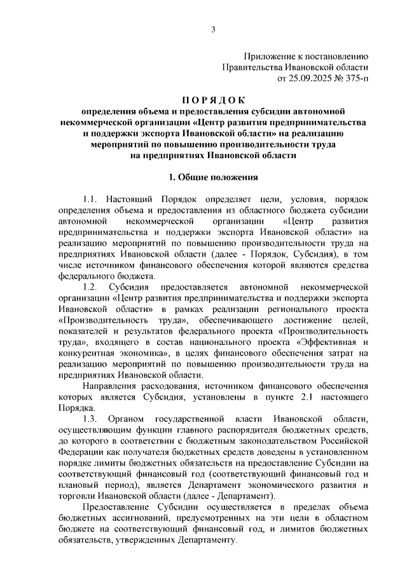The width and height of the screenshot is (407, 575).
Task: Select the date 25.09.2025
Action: point(310,79)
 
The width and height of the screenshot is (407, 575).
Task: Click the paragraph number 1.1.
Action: point(90,200)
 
